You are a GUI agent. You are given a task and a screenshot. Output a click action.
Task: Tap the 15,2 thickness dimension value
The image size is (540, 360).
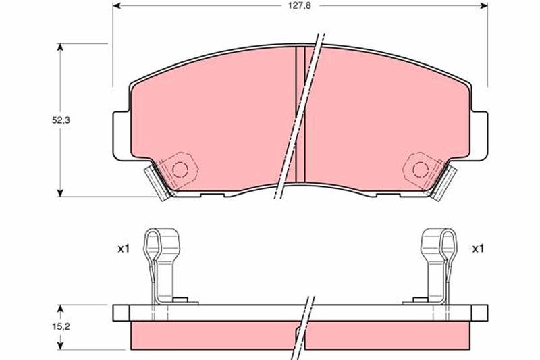61,326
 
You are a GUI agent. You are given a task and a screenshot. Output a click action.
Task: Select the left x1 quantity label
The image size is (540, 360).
124,249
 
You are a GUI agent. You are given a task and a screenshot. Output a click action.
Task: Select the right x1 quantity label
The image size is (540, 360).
478,249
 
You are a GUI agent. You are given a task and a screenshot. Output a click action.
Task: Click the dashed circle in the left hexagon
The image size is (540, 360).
180,170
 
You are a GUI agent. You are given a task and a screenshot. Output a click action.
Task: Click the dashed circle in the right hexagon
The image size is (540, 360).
421,170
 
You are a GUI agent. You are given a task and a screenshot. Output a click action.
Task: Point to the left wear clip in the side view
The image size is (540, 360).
162,266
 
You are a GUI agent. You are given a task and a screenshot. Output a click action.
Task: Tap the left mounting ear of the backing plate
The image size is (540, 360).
122,136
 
